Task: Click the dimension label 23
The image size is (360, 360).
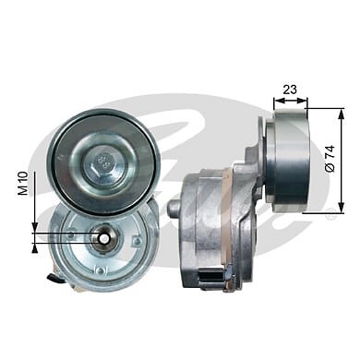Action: point(290,90)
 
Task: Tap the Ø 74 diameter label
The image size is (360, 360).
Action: point(330,159)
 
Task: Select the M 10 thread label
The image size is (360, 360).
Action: point(23,184)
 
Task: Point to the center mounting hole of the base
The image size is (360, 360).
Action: point(103,238)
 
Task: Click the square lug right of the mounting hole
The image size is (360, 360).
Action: point(137,240)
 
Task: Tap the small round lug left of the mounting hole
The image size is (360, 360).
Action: point(71,235)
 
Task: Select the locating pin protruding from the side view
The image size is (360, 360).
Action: point(175,210)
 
